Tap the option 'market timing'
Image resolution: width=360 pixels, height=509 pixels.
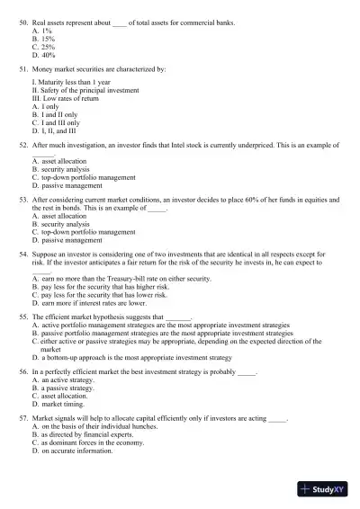click(x=63, y=403)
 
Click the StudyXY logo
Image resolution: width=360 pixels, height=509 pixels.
click(x=325, y=491)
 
